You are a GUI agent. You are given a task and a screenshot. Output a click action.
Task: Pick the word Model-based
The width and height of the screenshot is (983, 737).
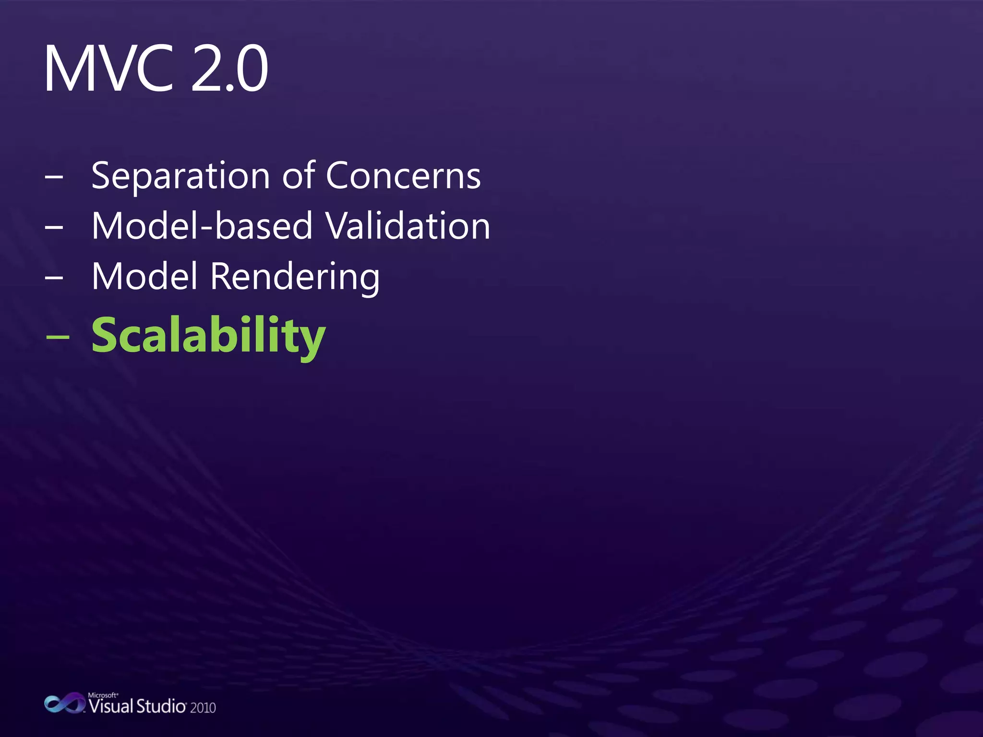click(202, 226)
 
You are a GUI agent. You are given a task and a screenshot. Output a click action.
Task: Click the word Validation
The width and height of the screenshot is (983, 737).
click(408, 226)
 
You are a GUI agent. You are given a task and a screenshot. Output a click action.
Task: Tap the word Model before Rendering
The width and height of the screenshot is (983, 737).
click(144, 276)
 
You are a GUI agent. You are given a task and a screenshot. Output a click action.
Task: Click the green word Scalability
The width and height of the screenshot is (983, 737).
click(208, 336)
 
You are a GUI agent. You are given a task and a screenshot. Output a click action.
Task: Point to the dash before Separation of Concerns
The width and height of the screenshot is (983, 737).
click(54, 177)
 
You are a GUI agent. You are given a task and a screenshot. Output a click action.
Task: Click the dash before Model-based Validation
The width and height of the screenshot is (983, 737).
click(54, 227)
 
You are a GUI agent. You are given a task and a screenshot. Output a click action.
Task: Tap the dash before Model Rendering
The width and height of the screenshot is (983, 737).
click(54, 277)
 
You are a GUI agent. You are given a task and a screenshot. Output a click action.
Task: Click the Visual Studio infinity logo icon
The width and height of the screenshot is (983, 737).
click(64, 703)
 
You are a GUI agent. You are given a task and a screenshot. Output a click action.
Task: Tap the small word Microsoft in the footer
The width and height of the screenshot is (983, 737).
click(102, 695)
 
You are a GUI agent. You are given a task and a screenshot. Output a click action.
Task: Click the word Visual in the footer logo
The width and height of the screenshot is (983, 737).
click(110, 706)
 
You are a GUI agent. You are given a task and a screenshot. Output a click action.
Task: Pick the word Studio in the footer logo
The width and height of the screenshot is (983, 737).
click(161, 706)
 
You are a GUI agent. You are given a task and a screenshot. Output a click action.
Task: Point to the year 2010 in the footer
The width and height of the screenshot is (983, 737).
click(203, 708)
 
